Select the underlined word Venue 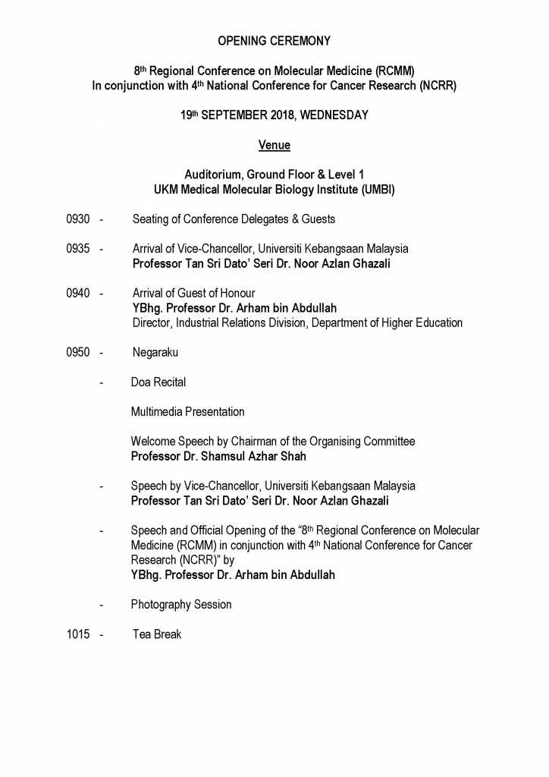pos(274,144)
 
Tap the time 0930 pos(78,219)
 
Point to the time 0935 pos(78,249)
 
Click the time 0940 pos(78,294)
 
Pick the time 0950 pos(78,352)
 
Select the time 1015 pos(78,634)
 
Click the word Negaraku pos(155,352)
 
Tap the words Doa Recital pos(158,382)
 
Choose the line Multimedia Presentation pos(187,412)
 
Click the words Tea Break pos(157,634)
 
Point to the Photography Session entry pos(181,605)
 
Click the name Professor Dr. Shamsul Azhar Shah pos(218,456)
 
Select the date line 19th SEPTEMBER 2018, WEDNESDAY pos(274,115)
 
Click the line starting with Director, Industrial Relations pos(297,323)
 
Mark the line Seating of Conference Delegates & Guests pos(234,219)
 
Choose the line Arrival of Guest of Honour pos(193,294)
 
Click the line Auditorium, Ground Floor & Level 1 pos(274,174)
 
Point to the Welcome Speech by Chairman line pos(273,442)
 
